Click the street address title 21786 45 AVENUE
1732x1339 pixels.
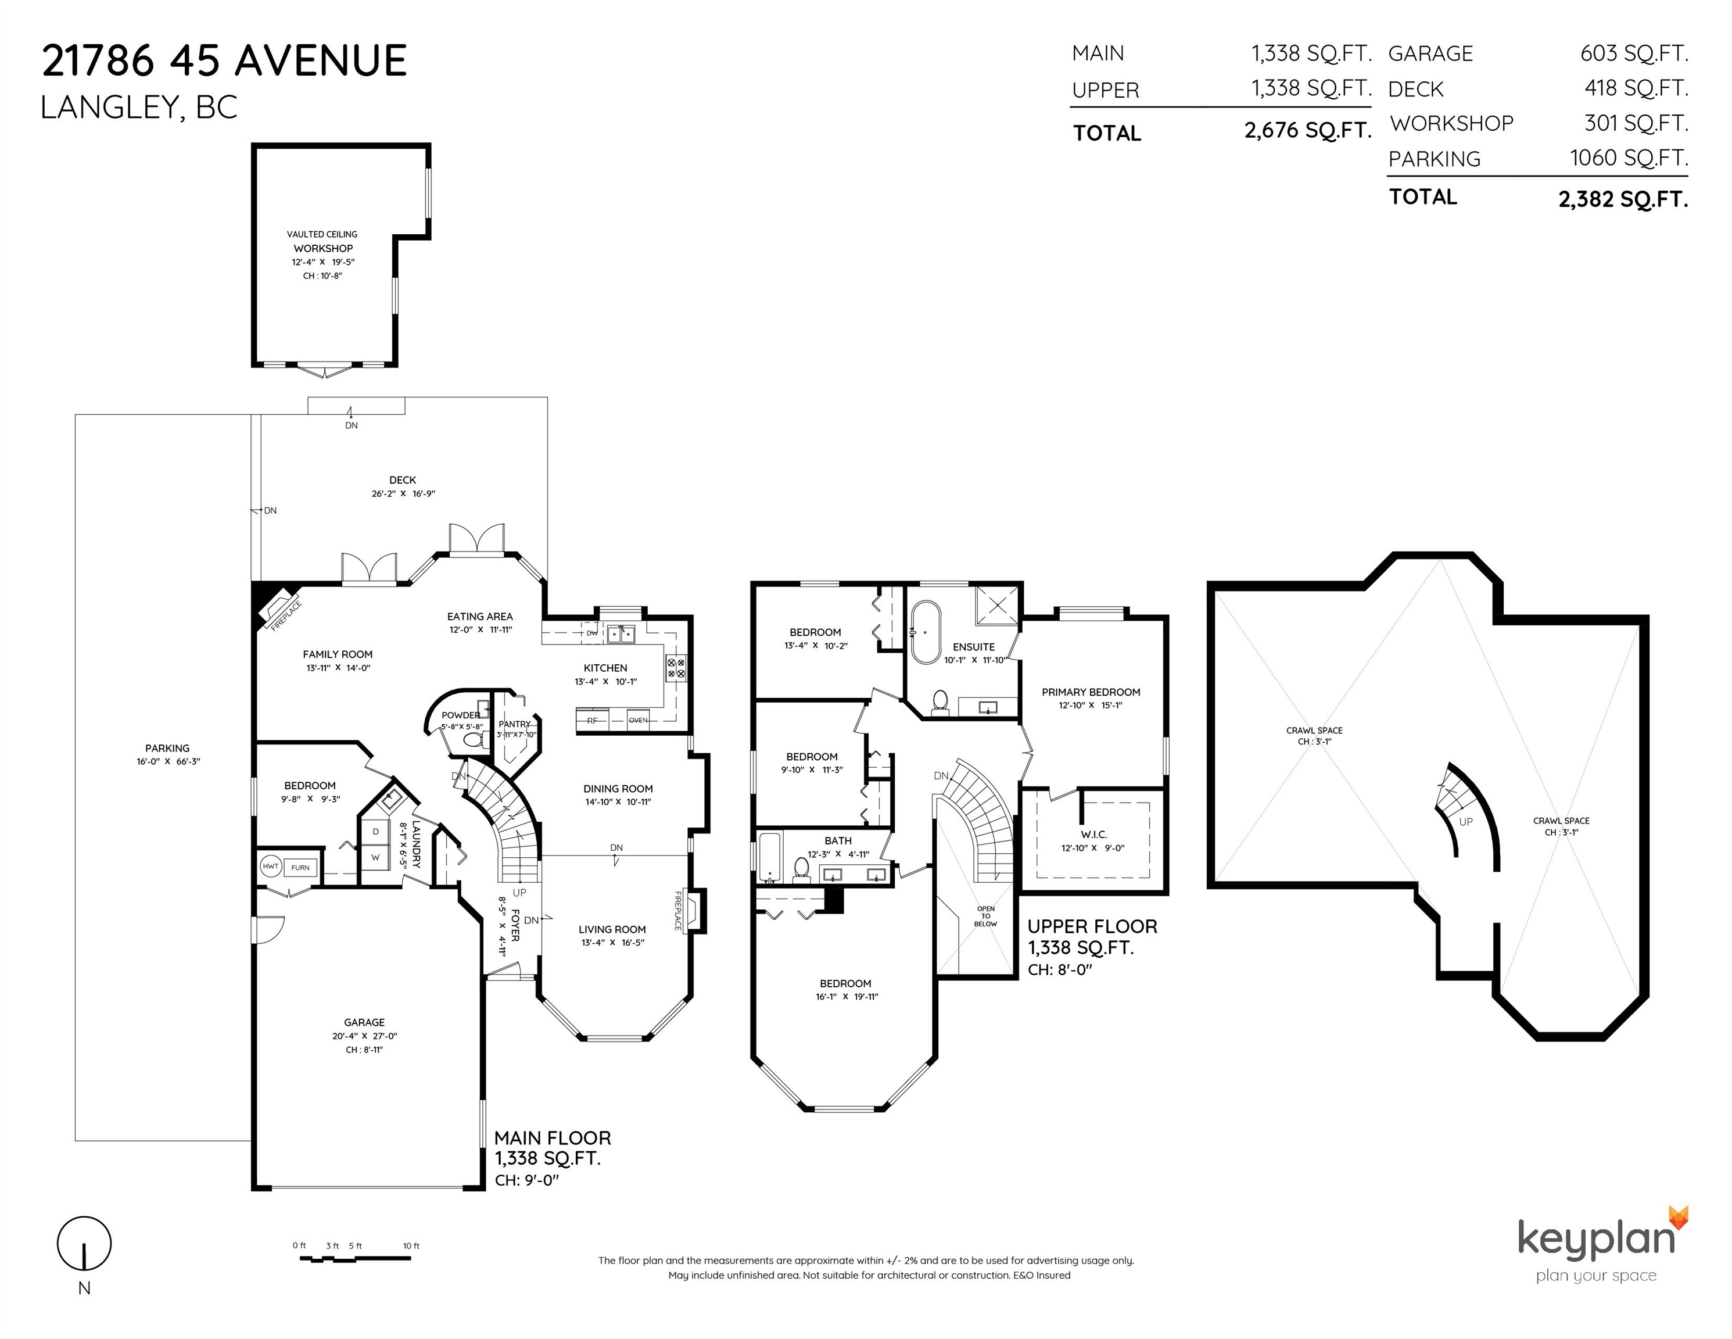click(224, 61)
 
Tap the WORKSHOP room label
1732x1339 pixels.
click(323, 248)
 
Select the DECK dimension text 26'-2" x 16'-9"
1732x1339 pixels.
click(403, 493)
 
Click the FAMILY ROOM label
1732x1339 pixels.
click(338, 654)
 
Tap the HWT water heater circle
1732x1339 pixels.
click(270, 867)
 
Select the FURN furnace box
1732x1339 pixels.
click(300, 868)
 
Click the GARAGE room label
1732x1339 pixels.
click(364, 1022)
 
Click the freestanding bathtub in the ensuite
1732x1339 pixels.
click(926, 632)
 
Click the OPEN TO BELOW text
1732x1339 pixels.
click(986, 916)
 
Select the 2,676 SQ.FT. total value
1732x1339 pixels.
click(1308, 131)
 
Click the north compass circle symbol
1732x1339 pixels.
click(84, 1243)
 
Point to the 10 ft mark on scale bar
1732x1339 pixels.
click(411, 1246)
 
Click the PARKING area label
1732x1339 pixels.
click(167, 748)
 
